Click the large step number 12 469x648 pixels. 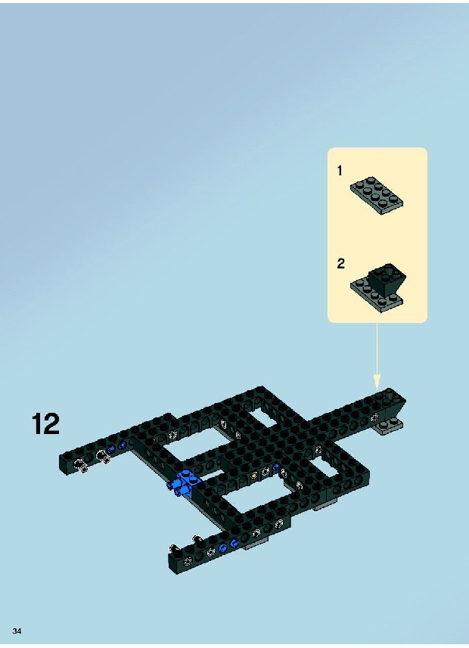coord(45,423)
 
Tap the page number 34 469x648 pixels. coord(17,631)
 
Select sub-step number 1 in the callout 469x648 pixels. coord(340,170)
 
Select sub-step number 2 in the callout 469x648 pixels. coord(341,263)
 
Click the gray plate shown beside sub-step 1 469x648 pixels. coord(377,197)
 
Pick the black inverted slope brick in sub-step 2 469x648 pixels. coord(387,280)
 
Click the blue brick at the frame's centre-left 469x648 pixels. coord(185,483)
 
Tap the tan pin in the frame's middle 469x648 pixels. coord(254,475)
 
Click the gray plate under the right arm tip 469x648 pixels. coord(390,427)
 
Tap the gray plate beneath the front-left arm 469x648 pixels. coord(257,544)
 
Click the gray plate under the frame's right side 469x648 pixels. coord(327,504)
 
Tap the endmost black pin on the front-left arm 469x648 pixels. coord(174,550)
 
